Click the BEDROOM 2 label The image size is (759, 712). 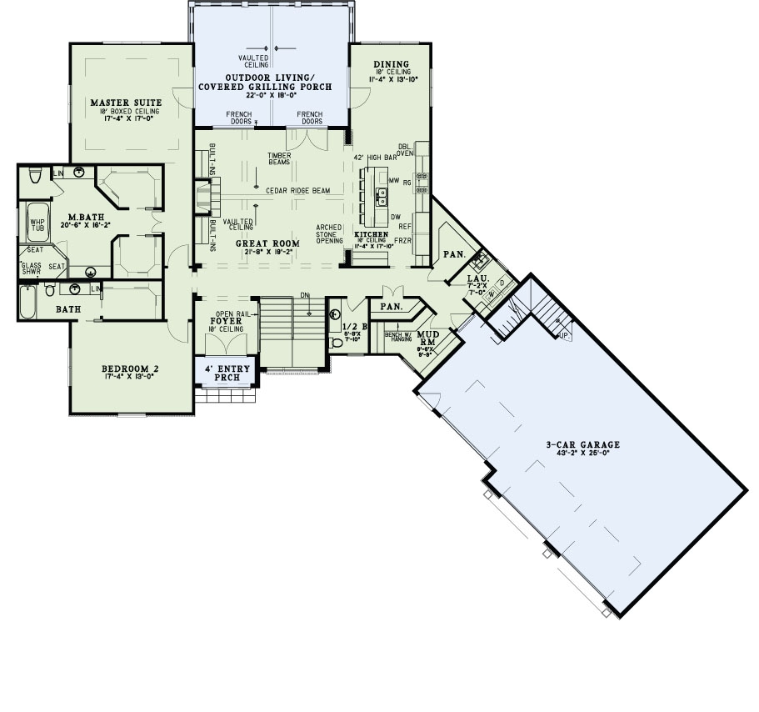click(130, 369)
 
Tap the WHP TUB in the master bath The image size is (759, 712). click(37, 223)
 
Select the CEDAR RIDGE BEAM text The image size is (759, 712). click(297, 191)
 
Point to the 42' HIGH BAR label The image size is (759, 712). click(371, 157)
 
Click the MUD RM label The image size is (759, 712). click(427, 336)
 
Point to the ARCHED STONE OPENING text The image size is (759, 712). click(328, 233)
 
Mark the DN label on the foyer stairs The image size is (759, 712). click(304, 294)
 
